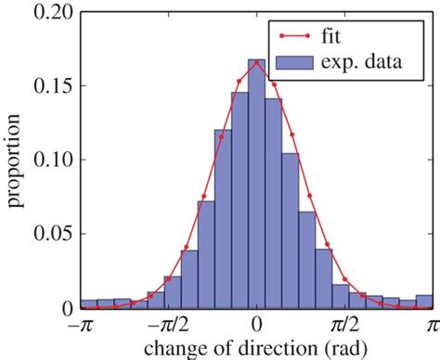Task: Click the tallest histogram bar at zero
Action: (256, 186)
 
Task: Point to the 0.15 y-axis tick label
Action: (49, 85)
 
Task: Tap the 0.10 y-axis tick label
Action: (49, 160)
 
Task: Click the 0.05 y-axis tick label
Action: (49, 234)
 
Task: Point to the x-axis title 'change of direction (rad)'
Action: (256, 349)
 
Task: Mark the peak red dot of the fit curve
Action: (256, 62)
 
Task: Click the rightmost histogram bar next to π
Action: (424, 302)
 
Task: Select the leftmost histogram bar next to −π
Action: (88, 303)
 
